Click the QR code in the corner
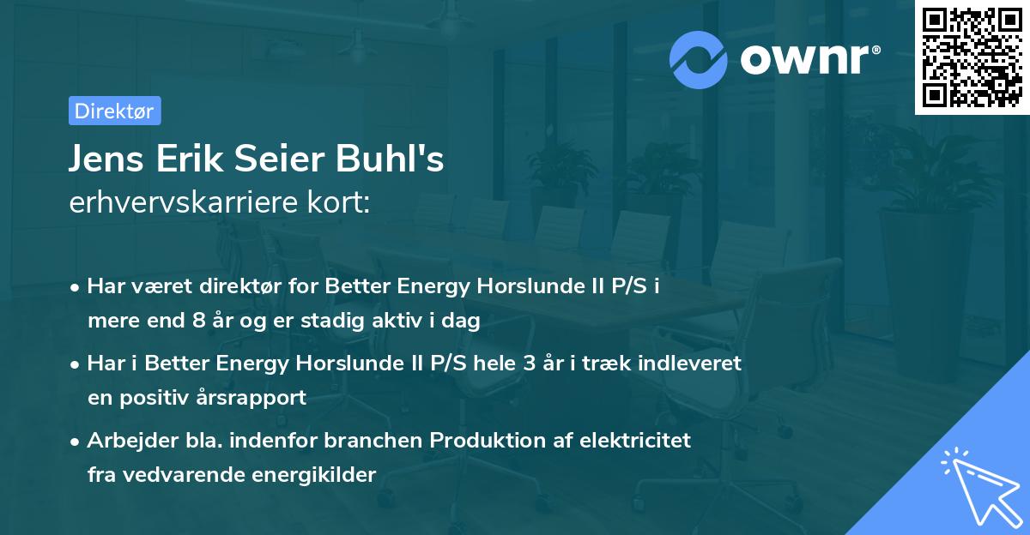pyautogui.click(x=972, y=57)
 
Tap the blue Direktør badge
pyautogui.click(x=114, y=111)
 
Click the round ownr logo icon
pyautogui.click(x=700, y=58)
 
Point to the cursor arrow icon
pyautogui.click(x=978, y=484)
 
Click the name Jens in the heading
pyautogui.click(x=103, y=160)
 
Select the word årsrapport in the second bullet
pyautogui.click(x=257, y=398)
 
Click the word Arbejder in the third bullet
pyautogui.click(x=126, y=441)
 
